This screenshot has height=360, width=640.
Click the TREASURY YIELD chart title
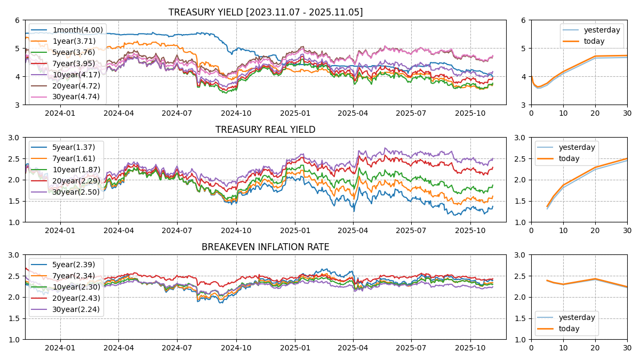click(265, 12)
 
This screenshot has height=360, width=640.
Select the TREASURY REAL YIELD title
click(265, 130)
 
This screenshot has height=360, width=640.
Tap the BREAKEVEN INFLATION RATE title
click(265, 247)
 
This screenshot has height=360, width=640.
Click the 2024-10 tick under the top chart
click(236, 113)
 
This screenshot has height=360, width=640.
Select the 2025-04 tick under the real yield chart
click(353, 230)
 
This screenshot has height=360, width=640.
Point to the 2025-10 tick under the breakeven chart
click(470, 348)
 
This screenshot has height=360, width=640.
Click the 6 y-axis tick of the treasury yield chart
click(18, 20)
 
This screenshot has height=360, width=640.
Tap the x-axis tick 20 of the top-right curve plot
click(595, 113)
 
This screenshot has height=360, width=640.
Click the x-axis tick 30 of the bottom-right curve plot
click(627, 348)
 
